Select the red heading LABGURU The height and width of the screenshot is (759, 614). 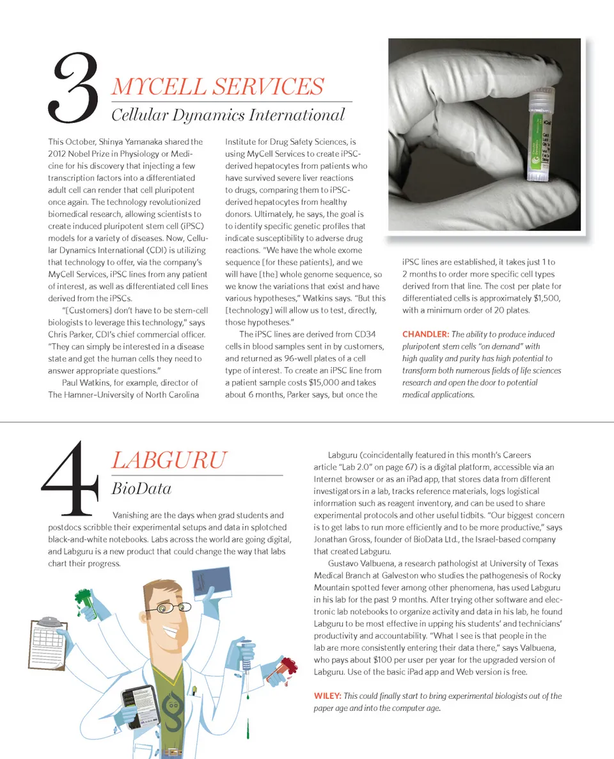pyautogui.click(x=169, y=460)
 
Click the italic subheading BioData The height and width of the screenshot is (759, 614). pyautogui.click(x=141, y=489)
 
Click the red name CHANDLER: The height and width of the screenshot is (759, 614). pyautogui.click(x=425, y=334)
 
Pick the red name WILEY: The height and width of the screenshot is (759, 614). pyautogui.click(x=327, y=696)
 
